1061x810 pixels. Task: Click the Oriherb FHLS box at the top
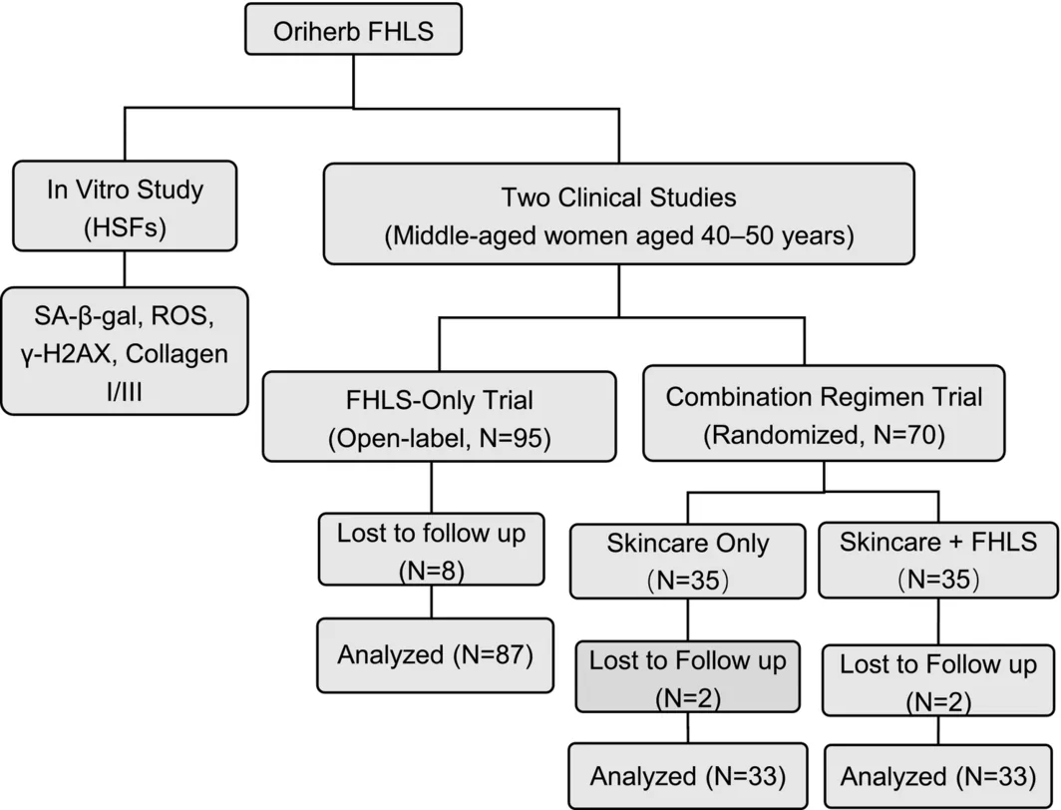coord(353,29)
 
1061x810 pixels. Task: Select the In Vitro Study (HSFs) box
coord(126,205)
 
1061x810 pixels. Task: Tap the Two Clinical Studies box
coord(618,213)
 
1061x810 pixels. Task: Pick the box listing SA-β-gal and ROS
coord(125,350)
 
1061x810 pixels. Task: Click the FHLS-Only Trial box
coord(439,416)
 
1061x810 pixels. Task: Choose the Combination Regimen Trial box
coord(824,413)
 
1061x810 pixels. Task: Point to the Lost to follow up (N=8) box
coord(431,549)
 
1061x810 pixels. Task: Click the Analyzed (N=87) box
coord(435,655)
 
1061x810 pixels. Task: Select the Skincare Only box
coord(687,562)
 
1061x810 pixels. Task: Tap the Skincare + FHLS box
coord(938,561)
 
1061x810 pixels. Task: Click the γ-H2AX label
coord(66,354)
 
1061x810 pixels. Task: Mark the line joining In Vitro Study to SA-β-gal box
coord(125,269)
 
